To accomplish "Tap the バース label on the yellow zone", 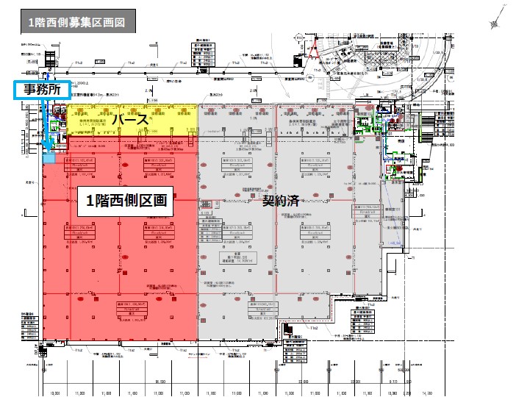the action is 132,118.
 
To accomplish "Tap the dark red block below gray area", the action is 279,332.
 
